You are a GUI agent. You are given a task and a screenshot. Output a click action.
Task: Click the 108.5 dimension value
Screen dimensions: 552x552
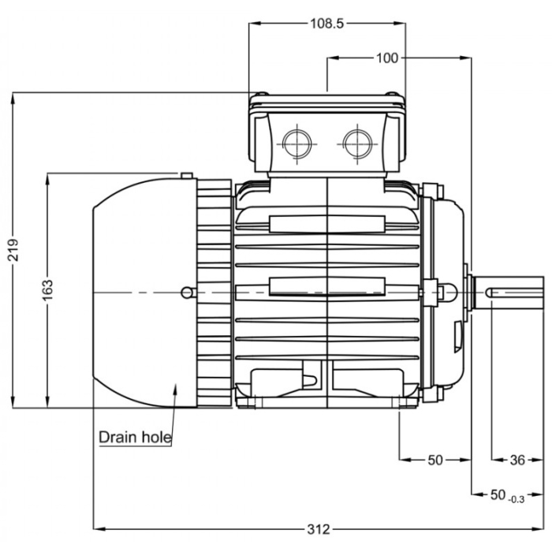326,24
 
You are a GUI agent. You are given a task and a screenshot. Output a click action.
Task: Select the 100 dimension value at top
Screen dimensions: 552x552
387,58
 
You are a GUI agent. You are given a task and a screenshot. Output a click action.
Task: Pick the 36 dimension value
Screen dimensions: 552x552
517,461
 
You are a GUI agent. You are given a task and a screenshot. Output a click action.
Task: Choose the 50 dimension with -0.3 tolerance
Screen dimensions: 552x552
498,494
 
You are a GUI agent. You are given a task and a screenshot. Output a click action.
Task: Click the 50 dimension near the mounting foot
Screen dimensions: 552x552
435,461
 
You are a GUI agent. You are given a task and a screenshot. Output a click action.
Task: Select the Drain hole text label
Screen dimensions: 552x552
135,437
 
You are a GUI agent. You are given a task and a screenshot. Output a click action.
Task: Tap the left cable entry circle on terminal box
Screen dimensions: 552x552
297,142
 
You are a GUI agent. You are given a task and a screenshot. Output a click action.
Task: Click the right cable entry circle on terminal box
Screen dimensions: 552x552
357,142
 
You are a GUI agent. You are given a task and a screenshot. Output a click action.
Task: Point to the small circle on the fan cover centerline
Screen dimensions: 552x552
185,293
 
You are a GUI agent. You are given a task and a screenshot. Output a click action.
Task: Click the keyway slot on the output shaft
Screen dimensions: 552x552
513,293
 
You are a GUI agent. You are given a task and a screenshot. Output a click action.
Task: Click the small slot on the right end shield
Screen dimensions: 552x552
458,335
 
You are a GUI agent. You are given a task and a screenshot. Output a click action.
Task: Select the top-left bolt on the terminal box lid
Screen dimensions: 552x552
261,96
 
